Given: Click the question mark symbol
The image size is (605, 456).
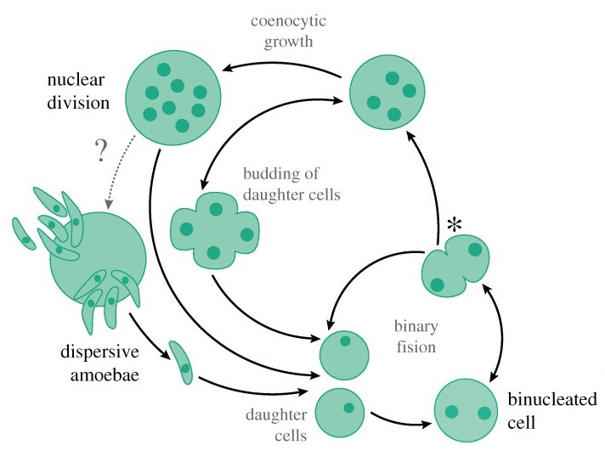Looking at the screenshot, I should coord(101,151).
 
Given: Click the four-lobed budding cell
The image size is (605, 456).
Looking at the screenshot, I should coord(213,228).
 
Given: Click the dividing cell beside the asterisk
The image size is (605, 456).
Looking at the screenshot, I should coord(455,267).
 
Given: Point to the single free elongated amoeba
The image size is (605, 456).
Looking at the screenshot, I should coord(182,363).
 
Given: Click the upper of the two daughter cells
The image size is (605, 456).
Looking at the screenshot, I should coord(345,354).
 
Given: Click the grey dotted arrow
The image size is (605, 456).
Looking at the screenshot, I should coord(121,171).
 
